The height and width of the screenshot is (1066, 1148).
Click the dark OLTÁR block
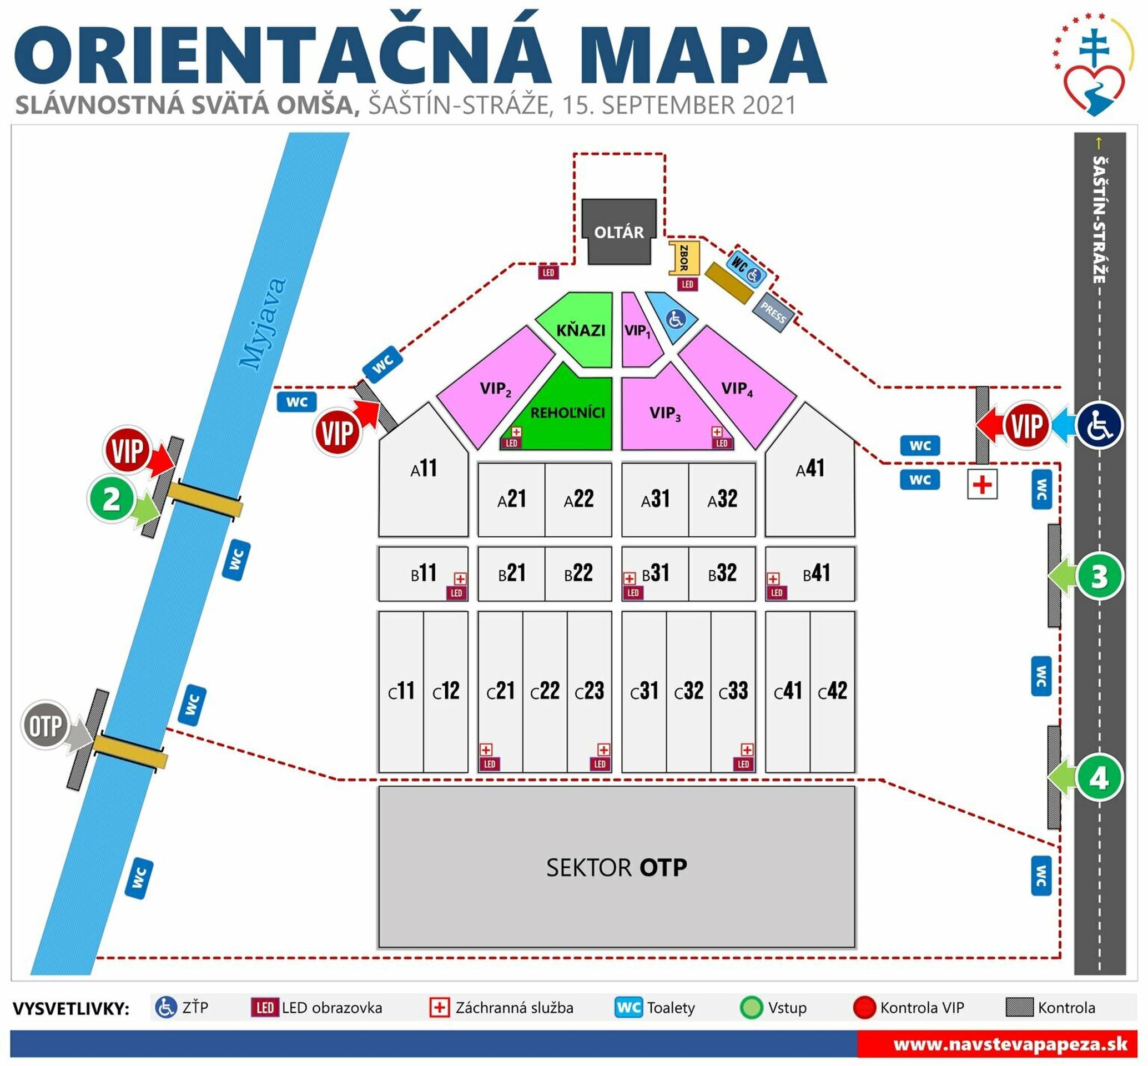pos(618,232)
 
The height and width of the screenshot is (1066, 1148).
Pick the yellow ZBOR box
pos(683,257)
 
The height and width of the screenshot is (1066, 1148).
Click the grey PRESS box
pos(773,313)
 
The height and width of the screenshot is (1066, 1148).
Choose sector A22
pos(578,499)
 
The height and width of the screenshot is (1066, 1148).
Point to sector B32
pos(722,573)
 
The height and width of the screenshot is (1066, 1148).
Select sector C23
pos(589,691)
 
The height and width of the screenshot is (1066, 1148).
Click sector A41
pos(809,469)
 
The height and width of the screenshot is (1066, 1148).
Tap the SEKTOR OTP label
pos(616,867)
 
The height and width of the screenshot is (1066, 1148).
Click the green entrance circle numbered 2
pos(111,499)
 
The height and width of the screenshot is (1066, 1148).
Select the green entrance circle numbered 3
pos(1099,576)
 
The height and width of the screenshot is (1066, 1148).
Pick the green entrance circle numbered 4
pos(1099,778)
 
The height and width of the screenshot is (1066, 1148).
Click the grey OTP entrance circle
pos(45,725)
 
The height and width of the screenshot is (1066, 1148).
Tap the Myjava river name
pos(263,324)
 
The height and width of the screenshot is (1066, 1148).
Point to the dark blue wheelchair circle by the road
pos(1100,425)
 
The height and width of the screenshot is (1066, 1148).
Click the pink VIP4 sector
pos(737,389)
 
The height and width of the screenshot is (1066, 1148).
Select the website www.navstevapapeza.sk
pos(1010,1043)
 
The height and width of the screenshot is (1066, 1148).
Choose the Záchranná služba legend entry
pos(502,1007)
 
